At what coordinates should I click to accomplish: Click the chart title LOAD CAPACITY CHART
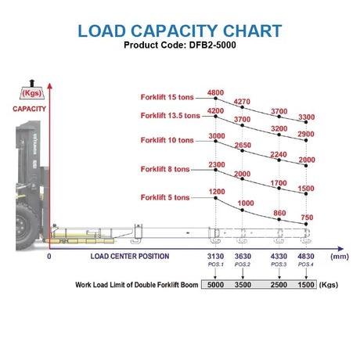click(x=180, y=31)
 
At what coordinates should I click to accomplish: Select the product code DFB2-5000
click(x=212, y=45)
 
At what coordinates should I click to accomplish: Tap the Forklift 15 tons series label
click(x=167, y=97)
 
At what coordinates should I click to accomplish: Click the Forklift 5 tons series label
click(x=165, y=197)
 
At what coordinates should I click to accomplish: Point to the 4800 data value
click(x=215, y=92)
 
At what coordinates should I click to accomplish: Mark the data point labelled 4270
click(x=242, y=107)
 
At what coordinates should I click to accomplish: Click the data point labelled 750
click(x=306, y=224)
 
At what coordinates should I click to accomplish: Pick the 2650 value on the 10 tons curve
click(x=243, y=145)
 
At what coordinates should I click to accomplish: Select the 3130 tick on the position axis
click(x=215, y=256)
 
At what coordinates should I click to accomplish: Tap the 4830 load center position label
click(x=306, y=256)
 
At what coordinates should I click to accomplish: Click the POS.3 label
click(x=279, y=265)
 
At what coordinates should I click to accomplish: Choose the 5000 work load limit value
click(x=215, y=285)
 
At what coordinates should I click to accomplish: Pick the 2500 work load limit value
click(x=279, y=285)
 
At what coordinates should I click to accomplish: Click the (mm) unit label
click(x=340, y=257)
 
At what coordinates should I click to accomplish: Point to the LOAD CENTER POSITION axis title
click(x=130, y=256)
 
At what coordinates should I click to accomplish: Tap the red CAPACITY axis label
click(x=29, y=109)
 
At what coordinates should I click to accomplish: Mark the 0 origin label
click(x=49, y=256)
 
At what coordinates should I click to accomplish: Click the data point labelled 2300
click(x=215, y=170)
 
